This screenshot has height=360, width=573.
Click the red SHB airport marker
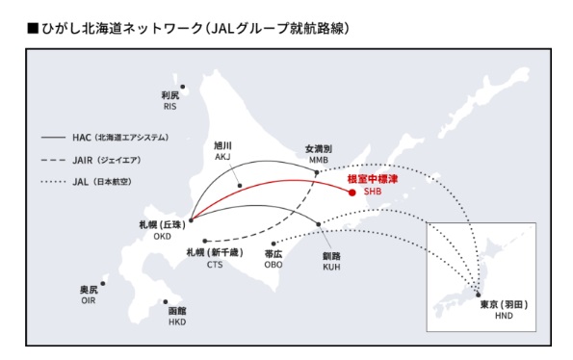click(x=352, y=192)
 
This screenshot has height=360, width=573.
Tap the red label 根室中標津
click(x=371, y=178)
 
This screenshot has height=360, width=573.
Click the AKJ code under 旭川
click(x=222, y=155)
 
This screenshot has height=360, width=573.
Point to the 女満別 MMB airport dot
click(x=317, y=173)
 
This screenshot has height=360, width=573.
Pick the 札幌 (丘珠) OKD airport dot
click(x=191, y=219)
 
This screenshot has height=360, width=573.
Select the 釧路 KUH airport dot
click(x=319, y=225)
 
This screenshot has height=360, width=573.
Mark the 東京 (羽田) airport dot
click(x=479, y=295)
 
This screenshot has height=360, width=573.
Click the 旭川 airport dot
click(x=240, y=185)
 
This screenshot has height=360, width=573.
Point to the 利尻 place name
click(x=170, y=95)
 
